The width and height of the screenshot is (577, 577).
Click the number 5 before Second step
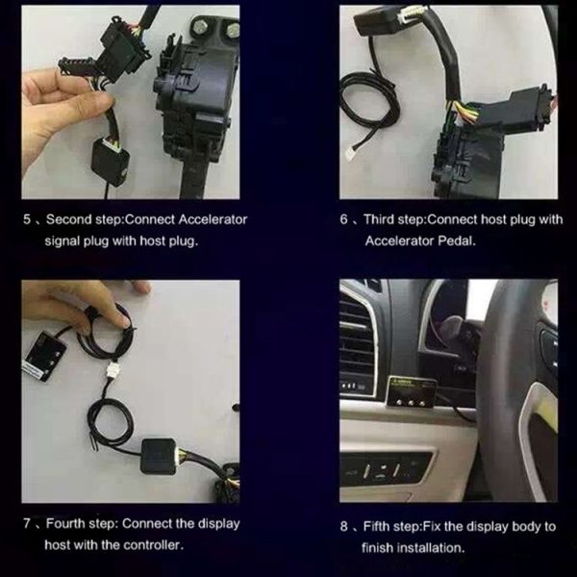click(27, 219)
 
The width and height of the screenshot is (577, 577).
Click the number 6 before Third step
click(343, 219)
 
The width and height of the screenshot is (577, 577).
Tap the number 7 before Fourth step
click(27, 523)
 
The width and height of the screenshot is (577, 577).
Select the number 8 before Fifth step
click(343, 526)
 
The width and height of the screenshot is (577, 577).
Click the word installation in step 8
click(431, 548)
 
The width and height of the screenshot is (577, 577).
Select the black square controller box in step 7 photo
click(159, 456)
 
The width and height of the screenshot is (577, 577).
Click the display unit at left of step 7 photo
click(45, 355)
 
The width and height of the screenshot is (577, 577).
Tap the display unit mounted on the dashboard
click(413, 391)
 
